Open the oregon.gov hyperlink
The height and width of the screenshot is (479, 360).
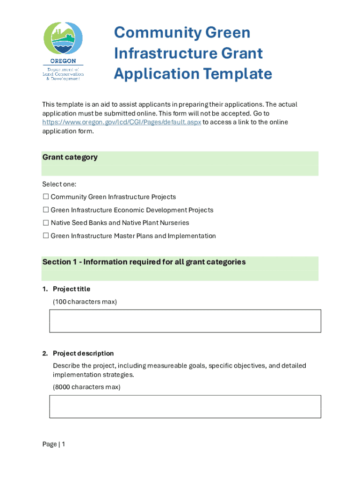tap(122, 122)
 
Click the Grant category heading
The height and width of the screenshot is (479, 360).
tap(70, 157)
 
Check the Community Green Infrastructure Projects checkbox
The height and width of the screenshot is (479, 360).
tap(46, 197)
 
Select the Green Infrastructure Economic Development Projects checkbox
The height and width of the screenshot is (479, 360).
tap(46, 210)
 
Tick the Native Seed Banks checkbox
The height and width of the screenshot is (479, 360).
tap(46, 223)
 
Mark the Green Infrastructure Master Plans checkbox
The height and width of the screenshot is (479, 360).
tap(46, 236)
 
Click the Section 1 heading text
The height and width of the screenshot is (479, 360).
tap(144, 262)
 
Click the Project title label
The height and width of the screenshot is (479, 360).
tap(71, 289)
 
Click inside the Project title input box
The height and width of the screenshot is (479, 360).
tap(185, 321)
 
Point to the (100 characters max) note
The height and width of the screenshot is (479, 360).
tap(85, 302)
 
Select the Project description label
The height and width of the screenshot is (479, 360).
tap(83, 354)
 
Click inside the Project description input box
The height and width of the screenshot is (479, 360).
tap(185, 406)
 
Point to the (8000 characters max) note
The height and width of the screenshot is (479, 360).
tap(86, 387)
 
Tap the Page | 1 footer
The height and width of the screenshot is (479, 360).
tap(53, 444)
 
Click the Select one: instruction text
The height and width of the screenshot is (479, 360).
tap(59, 184)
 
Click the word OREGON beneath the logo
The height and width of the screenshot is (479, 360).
tap(63, 61)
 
